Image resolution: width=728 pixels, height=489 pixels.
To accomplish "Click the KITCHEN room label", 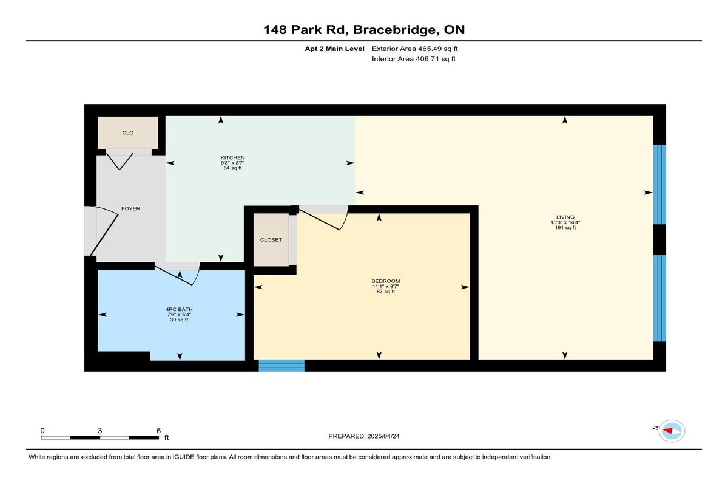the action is tap(232, 157).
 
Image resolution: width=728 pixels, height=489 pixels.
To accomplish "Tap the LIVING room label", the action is tap(565, 217).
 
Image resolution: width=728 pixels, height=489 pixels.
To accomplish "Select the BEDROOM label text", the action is tap(385, 281).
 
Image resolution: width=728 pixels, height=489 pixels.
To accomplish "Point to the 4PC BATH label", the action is tap(179, 309).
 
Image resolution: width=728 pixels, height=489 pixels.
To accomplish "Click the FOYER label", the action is tap(130, 208).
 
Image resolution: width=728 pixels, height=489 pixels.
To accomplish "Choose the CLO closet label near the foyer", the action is tap(128, 133).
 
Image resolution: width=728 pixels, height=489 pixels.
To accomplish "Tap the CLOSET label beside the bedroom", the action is tap(271, 240).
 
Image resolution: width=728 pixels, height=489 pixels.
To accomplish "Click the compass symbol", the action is tap(672, 431).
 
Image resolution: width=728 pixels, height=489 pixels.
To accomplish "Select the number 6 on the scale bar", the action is tap(158, 431).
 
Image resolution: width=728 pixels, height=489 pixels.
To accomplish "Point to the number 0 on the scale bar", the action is tap(42, 431).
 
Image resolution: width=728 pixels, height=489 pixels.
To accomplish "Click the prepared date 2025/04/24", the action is tap(383, 436).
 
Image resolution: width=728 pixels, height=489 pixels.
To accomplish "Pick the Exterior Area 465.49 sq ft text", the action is tap(415, 49).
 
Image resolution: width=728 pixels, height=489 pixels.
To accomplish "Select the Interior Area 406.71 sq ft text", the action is tap(413, 59).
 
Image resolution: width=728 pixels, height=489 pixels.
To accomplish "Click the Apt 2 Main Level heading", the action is tap(334, 49).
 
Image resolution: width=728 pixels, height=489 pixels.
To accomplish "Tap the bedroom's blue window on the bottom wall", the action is tap(281, 365).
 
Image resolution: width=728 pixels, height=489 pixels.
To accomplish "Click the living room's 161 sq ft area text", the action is tap(565, 227).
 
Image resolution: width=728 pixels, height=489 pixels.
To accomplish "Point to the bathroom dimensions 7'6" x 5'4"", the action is tap(179, 315).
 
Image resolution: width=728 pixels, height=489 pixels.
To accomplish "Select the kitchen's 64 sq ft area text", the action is tap(232, 168).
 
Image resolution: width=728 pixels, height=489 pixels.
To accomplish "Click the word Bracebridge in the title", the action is tap(394, 30).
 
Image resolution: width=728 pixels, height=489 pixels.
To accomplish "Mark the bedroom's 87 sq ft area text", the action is tap(385, 292).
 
